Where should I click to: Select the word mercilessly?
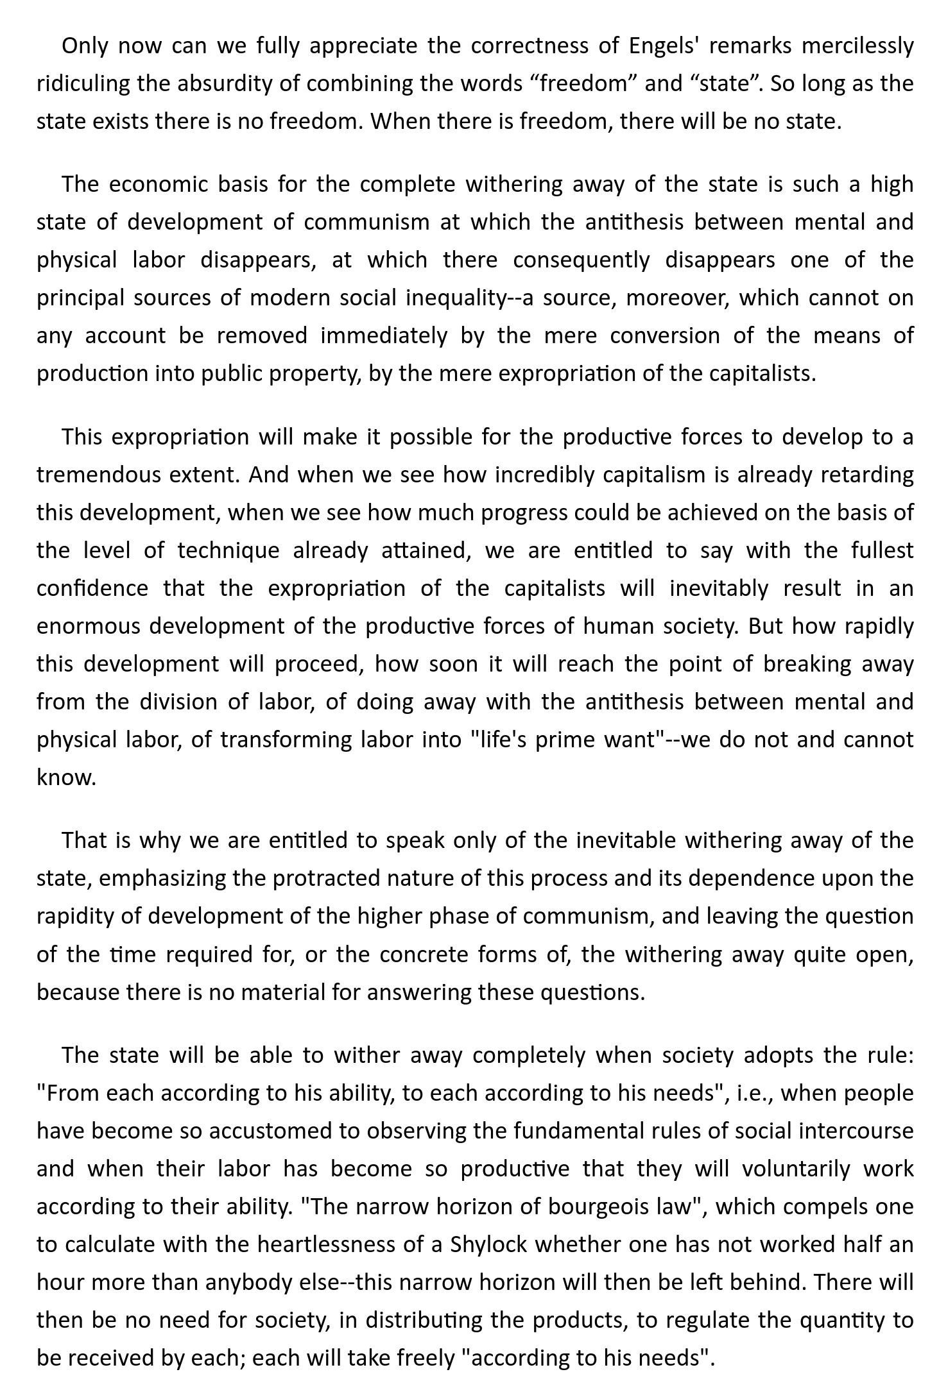(x=857, y=46)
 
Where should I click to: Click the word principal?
(x=79, y=299)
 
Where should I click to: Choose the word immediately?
(x=383, y=336)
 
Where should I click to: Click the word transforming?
(x=286, y=740)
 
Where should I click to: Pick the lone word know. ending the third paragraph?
(x=66, y=778)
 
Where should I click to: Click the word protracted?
(x=327, y=879)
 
